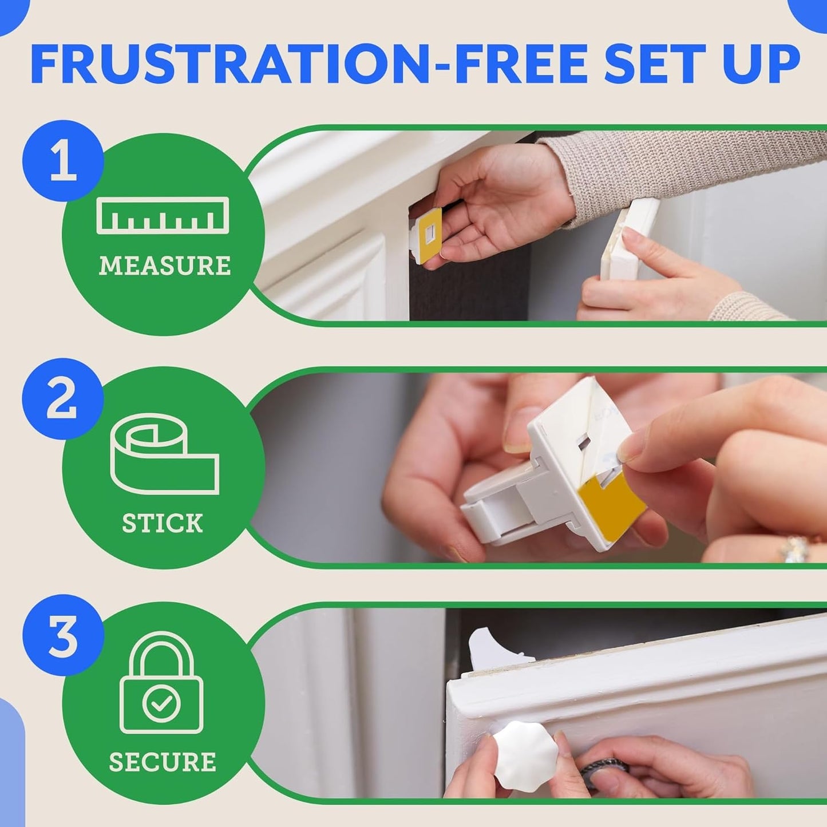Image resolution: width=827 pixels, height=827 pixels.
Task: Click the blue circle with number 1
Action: pos(63,161)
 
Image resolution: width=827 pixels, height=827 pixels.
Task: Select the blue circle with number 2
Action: pos(62,399)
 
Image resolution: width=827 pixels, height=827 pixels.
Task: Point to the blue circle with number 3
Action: pos(63,635)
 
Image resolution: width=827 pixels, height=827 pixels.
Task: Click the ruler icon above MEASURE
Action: pos(163,215)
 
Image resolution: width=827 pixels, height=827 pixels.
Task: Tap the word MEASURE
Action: pos(165,266)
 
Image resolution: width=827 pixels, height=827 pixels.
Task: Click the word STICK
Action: pos(163,523)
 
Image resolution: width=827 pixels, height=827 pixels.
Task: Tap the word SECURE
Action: pos(163,762)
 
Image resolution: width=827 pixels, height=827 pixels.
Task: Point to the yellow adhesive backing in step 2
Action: pos(610,504)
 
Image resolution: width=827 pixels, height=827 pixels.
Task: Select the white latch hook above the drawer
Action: pos(486,647)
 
